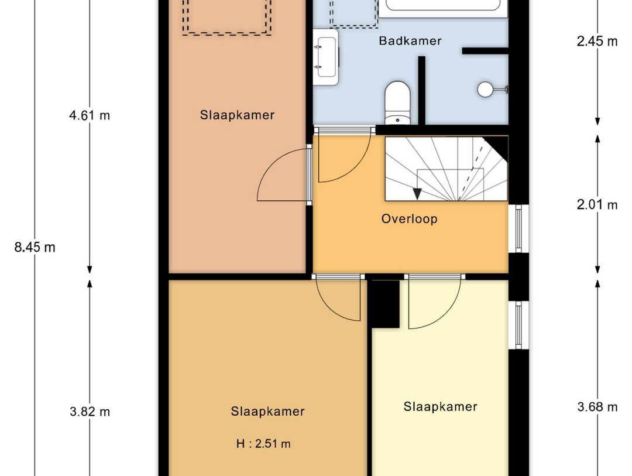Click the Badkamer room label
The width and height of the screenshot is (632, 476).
click(x=410, y=41)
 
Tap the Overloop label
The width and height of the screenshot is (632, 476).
click(x=409, y=219)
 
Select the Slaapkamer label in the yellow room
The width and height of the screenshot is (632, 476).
click(x=440, y=406)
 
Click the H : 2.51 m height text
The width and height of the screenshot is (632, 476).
click(x=263, y=443)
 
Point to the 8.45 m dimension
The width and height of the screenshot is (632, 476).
click(x=35, y=247)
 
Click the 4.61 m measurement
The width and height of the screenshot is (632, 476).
click(x=90, y=115)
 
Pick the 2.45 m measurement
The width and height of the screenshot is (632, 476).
click(x=597, y=42)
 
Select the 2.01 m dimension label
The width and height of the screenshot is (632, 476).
click(x=597, y=205)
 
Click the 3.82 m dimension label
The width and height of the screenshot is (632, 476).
click(x=90, y=412)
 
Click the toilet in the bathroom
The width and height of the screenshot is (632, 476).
click(x=398, y=103)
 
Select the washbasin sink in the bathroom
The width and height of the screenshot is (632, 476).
click(x=325, y=57)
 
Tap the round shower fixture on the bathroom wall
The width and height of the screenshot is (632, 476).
click(x=486, y=89)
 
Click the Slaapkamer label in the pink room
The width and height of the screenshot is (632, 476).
click(x=237, y=115)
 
